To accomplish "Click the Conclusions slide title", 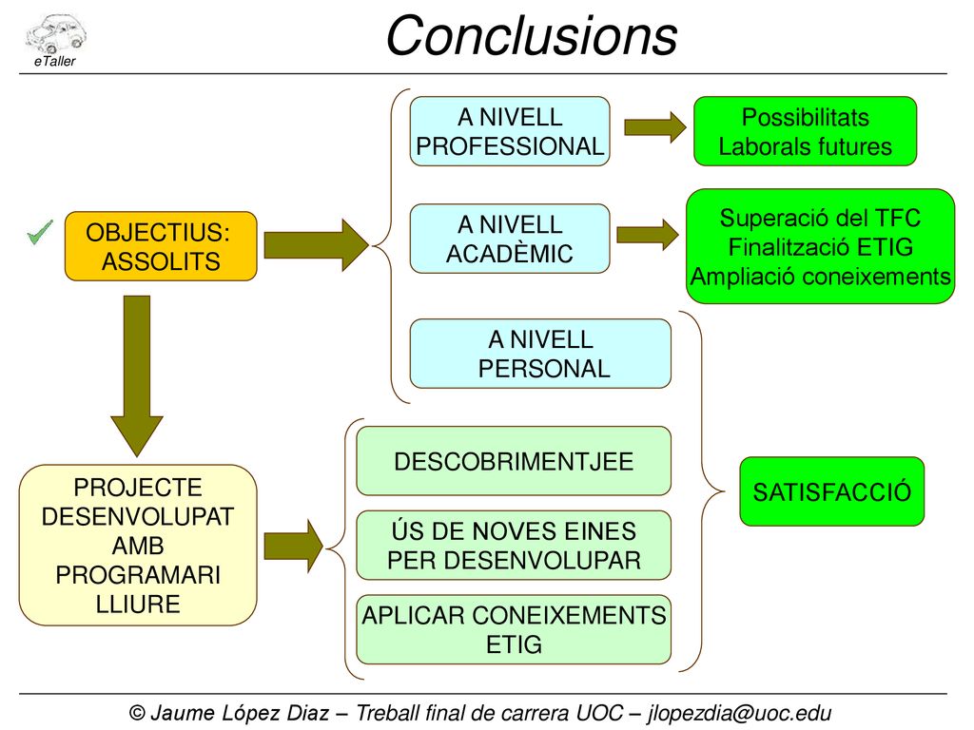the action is [531, 35].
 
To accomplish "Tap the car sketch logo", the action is [55, 33].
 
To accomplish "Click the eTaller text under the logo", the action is [54, 61].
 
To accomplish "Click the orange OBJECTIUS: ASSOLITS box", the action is [161, 246].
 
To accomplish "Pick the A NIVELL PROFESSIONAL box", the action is [510, 131].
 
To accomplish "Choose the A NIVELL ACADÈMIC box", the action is [510, 239].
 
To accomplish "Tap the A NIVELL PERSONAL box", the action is [540, 354].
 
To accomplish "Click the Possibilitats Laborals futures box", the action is [805, 131].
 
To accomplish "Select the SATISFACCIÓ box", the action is [831, 491].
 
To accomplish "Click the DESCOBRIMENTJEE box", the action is [514, 461].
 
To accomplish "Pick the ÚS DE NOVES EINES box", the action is [514, 546].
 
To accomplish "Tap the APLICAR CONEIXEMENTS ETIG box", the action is [514, 629].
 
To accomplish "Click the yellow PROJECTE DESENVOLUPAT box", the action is [138, 545].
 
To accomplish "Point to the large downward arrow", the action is [137, 376].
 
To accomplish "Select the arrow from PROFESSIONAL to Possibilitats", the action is [655, 128].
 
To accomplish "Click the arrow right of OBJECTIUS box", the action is [317, 245].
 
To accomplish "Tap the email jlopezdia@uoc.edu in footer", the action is [739, 713].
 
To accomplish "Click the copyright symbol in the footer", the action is [137, 713].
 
